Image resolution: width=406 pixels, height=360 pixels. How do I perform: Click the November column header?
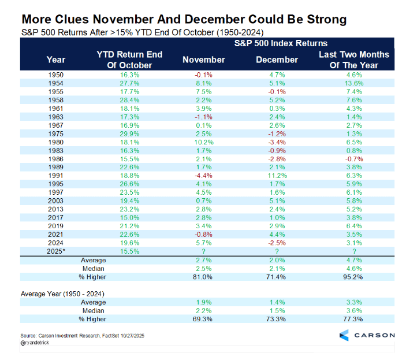tap(203, 60)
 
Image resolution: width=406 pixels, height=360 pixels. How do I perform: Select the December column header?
tap(277, 60)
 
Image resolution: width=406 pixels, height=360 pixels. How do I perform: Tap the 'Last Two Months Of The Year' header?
tap(354, 60)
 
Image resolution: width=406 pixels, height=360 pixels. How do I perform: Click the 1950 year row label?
tap(55, 75)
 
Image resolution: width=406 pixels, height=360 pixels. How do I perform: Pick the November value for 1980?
tap(203, 142)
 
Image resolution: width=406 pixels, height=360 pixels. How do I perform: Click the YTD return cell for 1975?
tap(129, 134)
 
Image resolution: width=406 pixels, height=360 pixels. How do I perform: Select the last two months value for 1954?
tap(354, 82)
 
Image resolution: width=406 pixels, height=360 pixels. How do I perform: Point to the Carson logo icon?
tap(343, 335)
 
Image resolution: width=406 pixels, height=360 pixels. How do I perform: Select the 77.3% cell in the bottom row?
tap(354, 319)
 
